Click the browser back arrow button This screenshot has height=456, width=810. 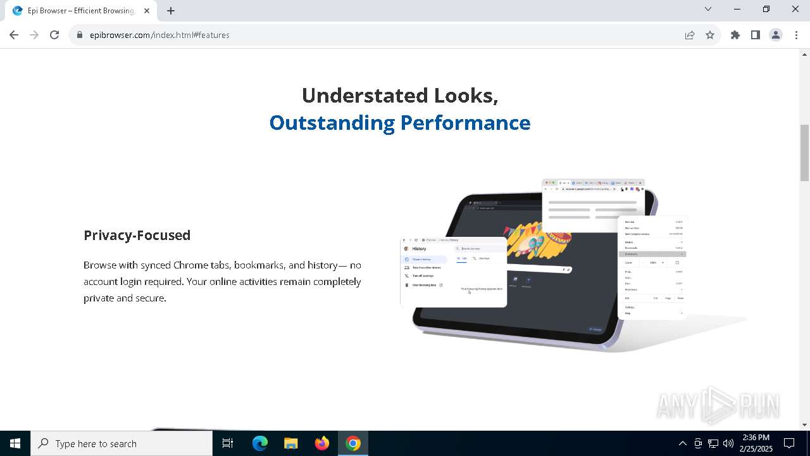tap(14, 35)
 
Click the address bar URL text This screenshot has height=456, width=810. tap(159, 35)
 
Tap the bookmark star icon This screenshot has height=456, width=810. tap(710, 35)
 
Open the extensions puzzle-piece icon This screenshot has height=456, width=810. tap(735, 35)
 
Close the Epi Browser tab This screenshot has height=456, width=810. tap(147, 10)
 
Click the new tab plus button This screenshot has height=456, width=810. tap(171, 10)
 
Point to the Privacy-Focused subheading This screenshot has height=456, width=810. tap(137, 235)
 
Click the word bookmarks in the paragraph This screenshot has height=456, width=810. tap(259, 265)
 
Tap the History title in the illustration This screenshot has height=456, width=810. tap(419, 249)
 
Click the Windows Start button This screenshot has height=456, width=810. tap(15, 443)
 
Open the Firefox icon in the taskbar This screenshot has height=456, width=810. tap(322, 443)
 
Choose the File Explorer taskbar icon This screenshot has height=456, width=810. tap(291, 443)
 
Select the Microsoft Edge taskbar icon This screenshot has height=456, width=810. tap(260, 443)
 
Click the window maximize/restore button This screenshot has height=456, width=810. tap(766, 9)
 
